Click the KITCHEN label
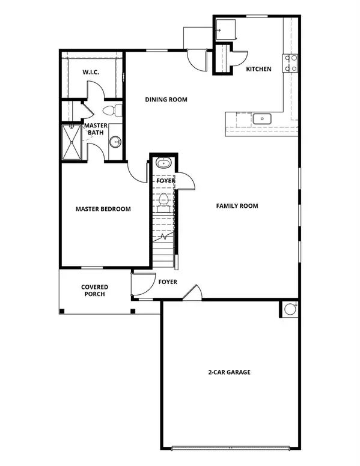(x=259, y=69)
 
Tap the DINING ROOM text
(x=166, y=100)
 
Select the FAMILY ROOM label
(x=237, y=206)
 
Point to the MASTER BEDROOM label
(x=103, y=209)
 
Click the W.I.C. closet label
(x=91, y=73)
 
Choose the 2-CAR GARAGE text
(x=230, y=372)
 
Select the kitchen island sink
(x=262, y=118)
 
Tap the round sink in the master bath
(x=115, y=142)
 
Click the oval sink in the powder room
(x=162, y=163)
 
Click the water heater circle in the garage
(x=289, y=309)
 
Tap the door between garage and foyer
(x=192, y=294)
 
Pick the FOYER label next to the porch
(x=167, y=281)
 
